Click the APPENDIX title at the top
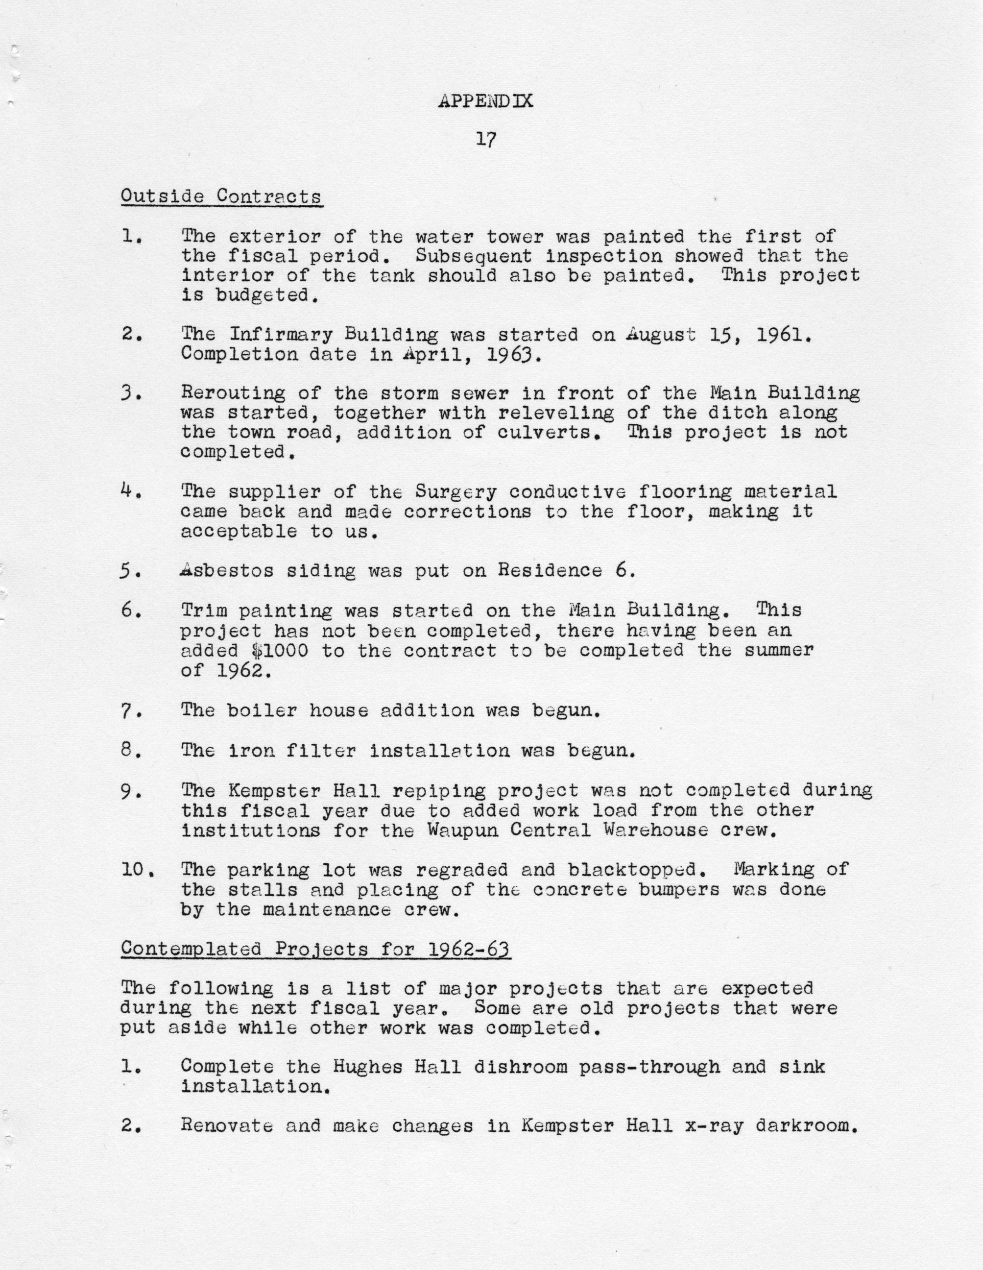coord(485,101)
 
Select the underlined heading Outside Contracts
coord(221,196)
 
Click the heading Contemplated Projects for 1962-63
coord(315,949)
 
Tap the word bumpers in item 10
coord(672,889)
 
